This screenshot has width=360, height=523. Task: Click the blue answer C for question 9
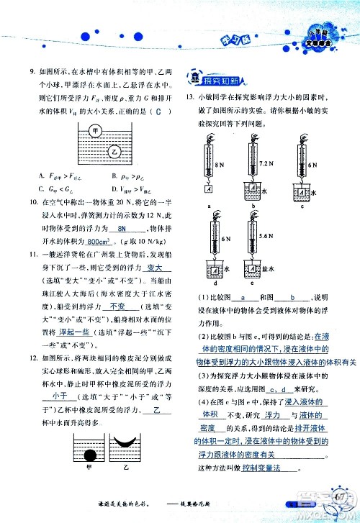click(x=158, y=109)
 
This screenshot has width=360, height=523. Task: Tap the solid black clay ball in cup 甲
click(x=91, y=455)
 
